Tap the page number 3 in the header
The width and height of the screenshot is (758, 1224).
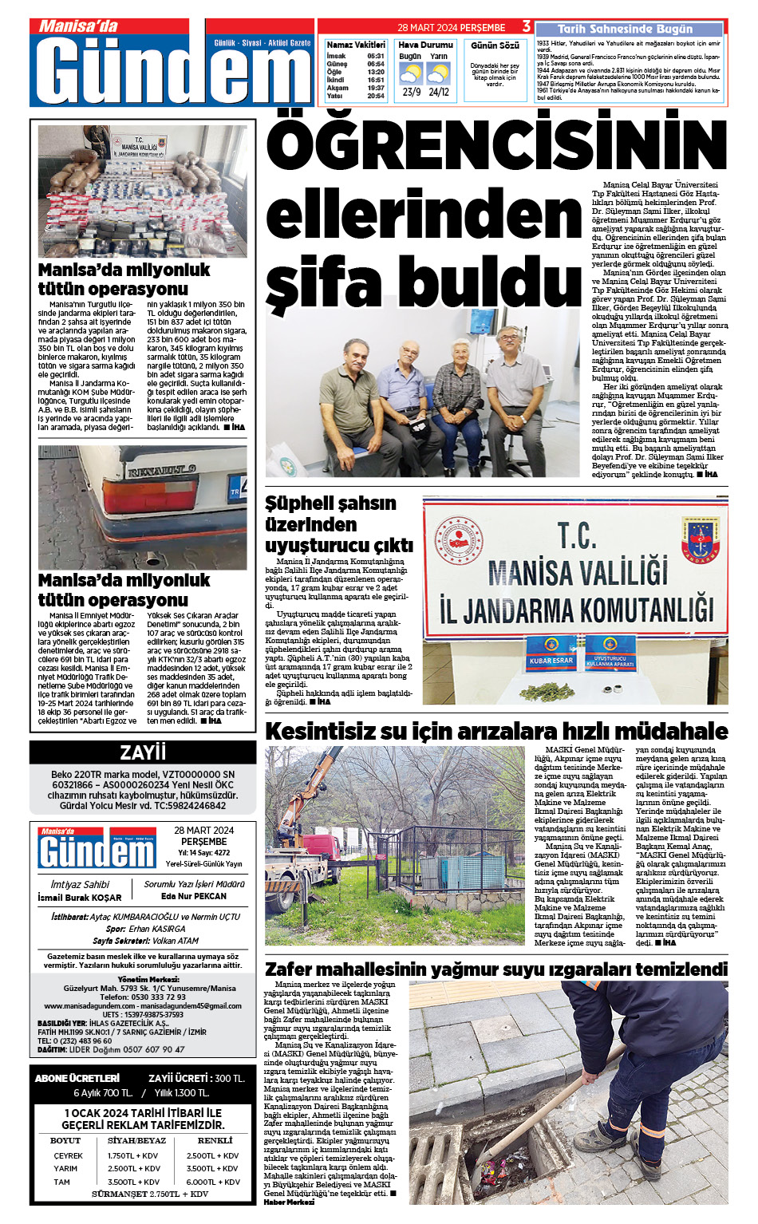pos(526,26)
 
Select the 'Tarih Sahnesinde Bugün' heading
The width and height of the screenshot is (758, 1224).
pos(625,29)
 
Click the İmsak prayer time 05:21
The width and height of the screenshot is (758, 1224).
pos(376,56)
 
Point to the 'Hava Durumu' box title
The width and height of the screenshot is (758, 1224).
pos(425,45)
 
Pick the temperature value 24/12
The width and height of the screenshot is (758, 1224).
pos(439,92)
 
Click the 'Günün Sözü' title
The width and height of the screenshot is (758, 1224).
pos(495,45)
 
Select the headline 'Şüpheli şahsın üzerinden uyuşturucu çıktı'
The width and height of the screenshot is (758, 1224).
pos(339,524)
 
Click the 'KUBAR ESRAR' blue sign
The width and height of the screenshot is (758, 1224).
pos(551,661)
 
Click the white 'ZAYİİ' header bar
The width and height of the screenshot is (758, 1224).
pos(143,752)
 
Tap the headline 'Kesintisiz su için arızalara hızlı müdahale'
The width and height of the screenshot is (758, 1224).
pos(495,731)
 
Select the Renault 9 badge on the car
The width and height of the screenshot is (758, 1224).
pos(162,470)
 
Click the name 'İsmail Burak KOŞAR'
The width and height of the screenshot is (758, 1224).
pos(80,898)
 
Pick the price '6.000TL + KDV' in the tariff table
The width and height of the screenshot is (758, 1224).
pos(213,1182)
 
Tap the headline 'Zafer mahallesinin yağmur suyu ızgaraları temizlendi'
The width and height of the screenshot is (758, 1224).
pos(495,969)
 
